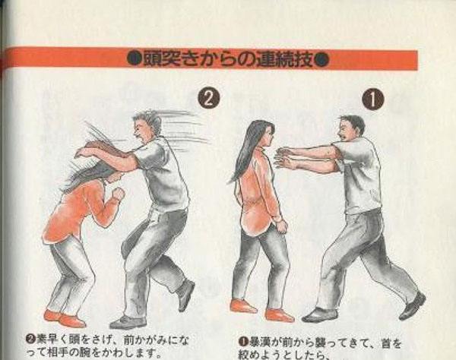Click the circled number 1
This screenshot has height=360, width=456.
point(372,97)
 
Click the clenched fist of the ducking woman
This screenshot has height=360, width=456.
point(118,194)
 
